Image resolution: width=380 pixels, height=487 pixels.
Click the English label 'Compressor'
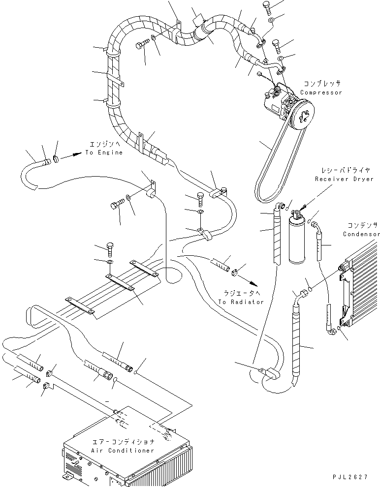(x=321, y=92)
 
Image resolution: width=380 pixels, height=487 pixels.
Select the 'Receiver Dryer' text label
(x=344, y=179)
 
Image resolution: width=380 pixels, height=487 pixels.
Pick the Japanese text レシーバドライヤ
(x=345, y=170)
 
